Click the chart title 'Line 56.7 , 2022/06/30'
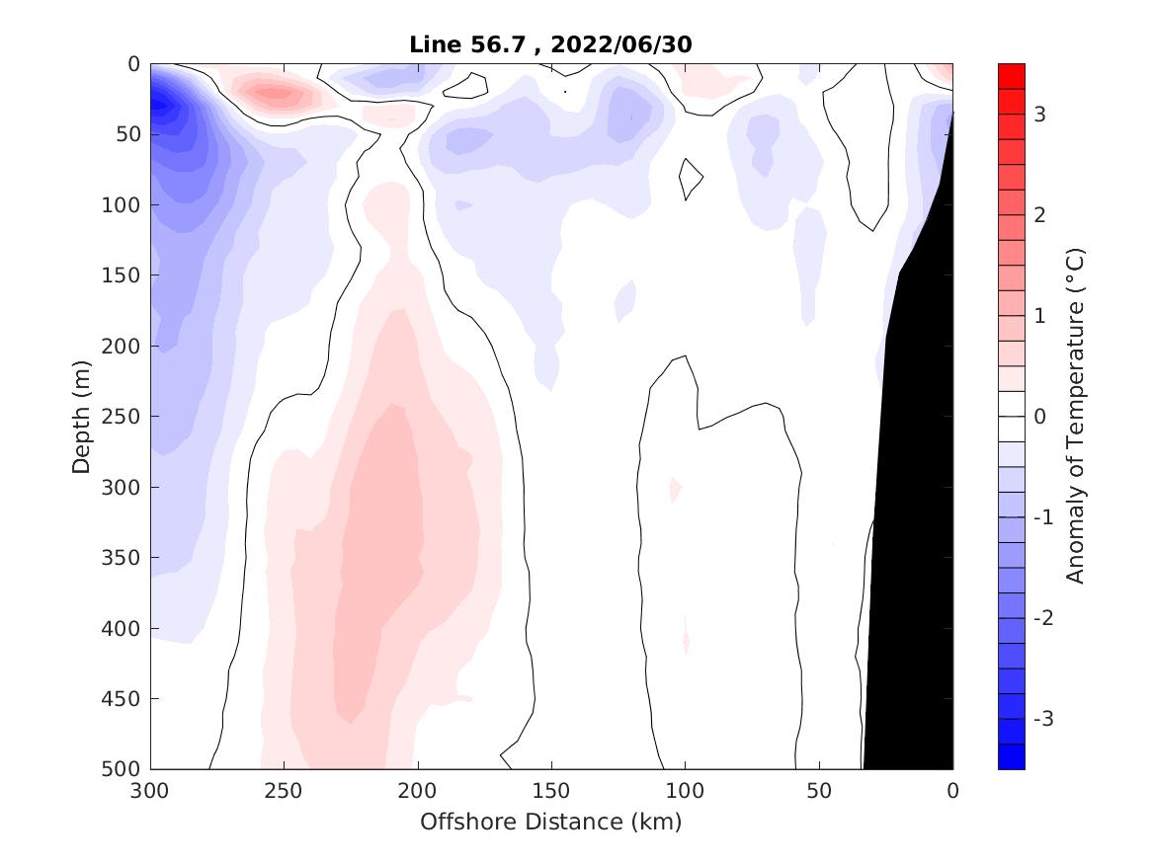551,44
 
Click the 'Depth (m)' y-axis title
82,417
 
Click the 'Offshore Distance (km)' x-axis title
551,822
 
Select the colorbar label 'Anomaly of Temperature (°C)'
1076,417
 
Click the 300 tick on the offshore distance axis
151,791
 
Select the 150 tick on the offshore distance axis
551,791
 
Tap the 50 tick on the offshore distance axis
819,791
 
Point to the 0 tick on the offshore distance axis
952,791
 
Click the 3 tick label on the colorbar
1040,115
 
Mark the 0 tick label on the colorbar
1039,417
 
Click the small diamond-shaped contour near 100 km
690,179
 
